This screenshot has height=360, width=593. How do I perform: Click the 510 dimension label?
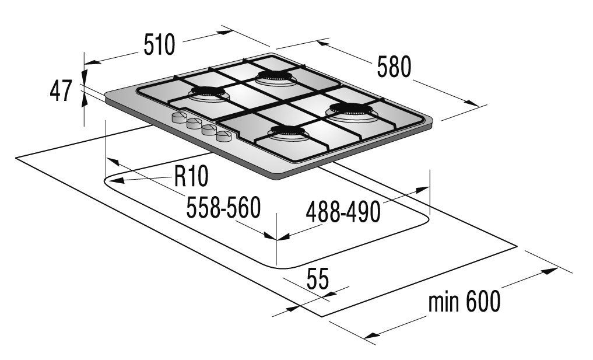pos(159,45)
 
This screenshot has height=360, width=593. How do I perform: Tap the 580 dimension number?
pos(394,67)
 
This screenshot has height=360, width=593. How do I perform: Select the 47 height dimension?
pos(61,91)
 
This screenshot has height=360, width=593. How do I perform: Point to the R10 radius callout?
pos(191,176)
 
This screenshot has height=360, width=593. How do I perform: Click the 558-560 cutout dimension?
pos(224,208)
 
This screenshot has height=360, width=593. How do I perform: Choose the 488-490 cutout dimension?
pos(343,212)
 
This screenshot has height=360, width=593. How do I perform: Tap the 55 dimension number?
pos(318,279)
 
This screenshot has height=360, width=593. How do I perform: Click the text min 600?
pos(464,301)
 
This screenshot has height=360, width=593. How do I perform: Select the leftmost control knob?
pos(178,117)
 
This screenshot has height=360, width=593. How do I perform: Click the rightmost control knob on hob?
pos(224,136)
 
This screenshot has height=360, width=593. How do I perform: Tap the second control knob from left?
pos(194,124)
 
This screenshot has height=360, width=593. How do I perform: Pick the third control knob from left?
pos(209,130)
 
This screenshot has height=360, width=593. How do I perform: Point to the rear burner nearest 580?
pos(274,77)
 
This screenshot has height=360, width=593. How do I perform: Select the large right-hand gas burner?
pos(351,111)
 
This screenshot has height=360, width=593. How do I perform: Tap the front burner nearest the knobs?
pos(287,132)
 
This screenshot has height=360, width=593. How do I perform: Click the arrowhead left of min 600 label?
pos(372,335)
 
